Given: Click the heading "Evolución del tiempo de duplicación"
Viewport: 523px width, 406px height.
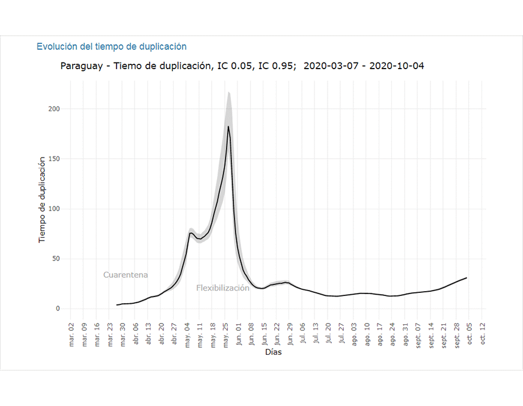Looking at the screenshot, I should pyautogui.click(x=111, y=46).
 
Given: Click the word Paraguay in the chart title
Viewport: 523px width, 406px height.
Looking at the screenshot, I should pyautogui.click(x=81, y=66).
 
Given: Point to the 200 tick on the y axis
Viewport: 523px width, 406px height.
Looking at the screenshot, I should pyautogui.click(x=54, y=109).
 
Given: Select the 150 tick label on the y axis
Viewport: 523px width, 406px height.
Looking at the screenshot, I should pyautogui.click(x=54, y=159).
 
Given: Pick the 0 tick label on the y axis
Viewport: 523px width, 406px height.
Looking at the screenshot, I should pyautogui.click(x=58, y=309).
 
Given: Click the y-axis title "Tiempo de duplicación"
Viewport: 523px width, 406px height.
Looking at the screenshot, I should pyautogui.click(x=42, y=199).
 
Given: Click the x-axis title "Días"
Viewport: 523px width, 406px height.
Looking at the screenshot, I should pyautogui.click(x=274, y=352).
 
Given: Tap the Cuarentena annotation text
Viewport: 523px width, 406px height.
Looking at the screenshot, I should pyautogui.click(x=126, y=275).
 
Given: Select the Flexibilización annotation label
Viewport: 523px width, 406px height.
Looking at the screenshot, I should pyautogui.click(x=222, y=288).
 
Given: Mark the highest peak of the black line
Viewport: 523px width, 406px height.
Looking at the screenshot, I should pyautogui.click(x=228, y=126).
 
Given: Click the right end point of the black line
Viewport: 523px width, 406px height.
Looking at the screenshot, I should pyautogui.click(x=466, y=278).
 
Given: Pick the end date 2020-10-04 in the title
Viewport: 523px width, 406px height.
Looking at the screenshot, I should pyautogui.click(x=397, y=66).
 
